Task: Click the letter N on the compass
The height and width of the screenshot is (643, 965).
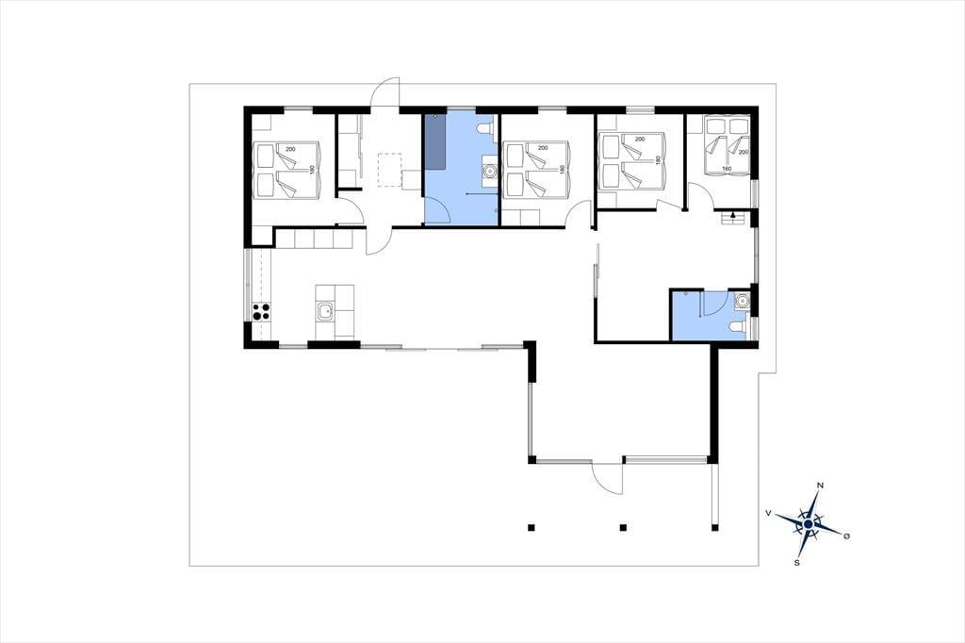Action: coord(820,486)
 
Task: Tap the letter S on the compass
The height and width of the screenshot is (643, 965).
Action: coord(797,563)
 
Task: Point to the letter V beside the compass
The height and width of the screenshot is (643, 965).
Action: coord(768,513)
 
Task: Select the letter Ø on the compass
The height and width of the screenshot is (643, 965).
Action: coord(847,536)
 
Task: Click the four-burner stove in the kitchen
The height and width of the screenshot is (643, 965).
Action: coord(261,312)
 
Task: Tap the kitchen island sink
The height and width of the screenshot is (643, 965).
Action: coord(324,312)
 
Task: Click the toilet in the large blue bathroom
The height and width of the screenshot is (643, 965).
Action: coord(485,129)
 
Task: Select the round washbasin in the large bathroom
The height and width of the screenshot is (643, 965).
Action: coord(489,170)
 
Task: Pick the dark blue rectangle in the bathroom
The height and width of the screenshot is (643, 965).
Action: coord(436,141)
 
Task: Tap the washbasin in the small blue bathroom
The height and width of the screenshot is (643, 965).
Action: coord(743,300)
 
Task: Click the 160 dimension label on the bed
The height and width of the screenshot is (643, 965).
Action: coord(727,168)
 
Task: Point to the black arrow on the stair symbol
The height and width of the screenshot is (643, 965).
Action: coord(733,215)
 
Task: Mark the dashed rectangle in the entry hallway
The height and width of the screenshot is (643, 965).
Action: coord(389,170)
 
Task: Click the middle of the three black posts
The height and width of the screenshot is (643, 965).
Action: coord(623,527)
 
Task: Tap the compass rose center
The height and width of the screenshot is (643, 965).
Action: coord(808,523)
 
